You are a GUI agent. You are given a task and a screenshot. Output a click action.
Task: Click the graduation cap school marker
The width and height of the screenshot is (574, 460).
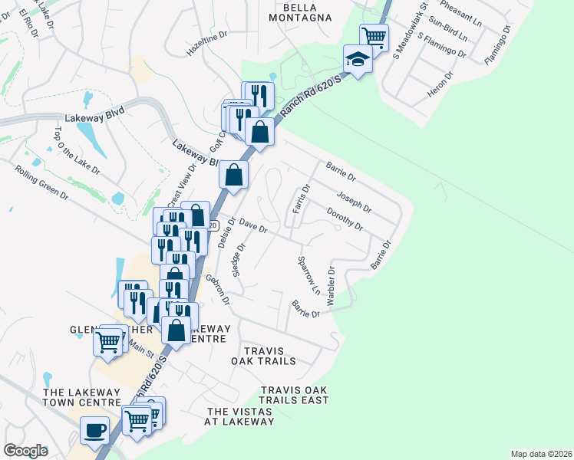click(358, 60)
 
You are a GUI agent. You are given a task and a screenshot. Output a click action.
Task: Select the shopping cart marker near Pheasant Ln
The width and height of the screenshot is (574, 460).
click(374, 36)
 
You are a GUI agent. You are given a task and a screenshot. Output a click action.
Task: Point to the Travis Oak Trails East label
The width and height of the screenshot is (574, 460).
click(294, 395)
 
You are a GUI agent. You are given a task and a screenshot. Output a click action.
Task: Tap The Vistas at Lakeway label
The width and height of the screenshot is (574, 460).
click(239, 416)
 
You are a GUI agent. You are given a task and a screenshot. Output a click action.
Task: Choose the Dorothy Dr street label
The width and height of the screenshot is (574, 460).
click(344, 219)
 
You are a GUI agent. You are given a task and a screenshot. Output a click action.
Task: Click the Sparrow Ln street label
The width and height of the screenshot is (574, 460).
click(308, 276)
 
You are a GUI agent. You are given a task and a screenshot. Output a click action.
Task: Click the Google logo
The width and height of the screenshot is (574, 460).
click(26, 451)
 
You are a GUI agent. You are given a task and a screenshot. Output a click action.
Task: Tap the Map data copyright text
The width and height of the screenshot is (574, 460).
click(541, 454)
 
